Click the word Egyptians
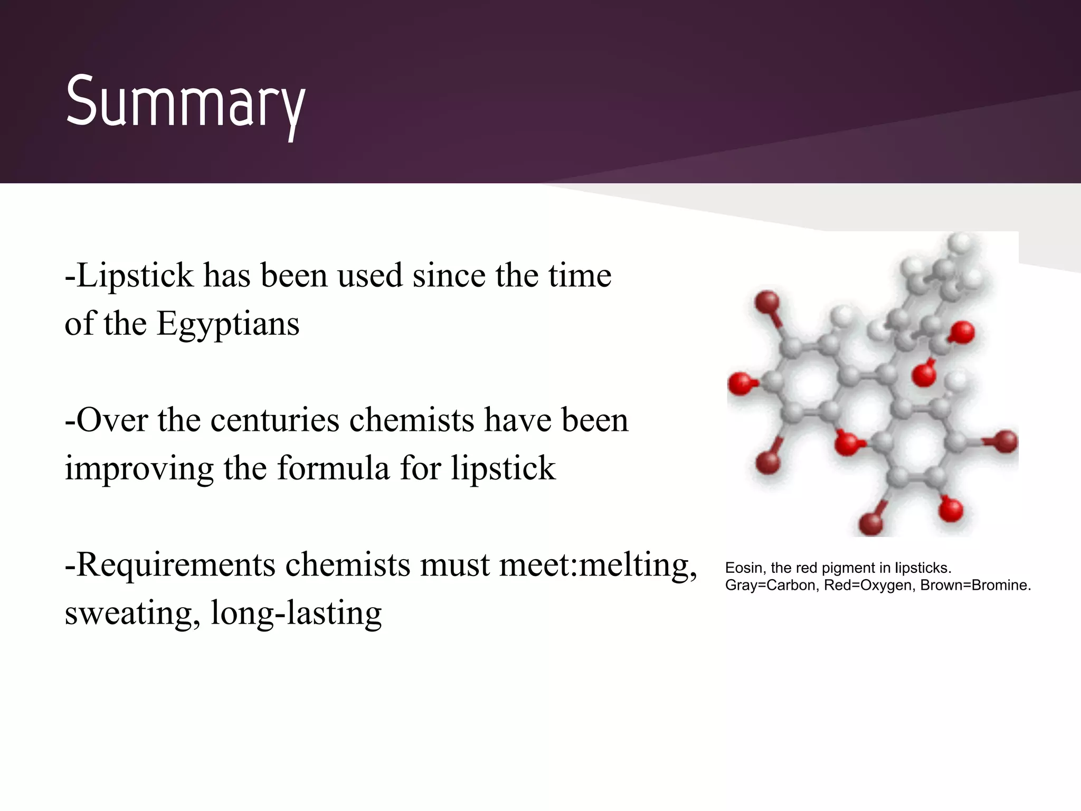click(x=227, y=324)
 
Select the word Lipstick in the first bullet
click(x=135, y=276)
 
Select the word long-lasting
click(x=296, y=613)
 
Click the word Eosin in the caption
click(x=743, y=568)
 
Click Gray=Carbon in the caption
click(x=771, y=586)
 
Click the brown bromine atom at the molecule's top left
click(x=767, y=303)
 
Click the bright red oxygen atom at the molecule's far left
click(x=740, y=384)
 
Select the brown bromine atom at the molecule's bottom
click(x=871, y=524)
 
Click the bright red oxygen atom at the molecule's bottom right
click(x=951, y=510)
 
